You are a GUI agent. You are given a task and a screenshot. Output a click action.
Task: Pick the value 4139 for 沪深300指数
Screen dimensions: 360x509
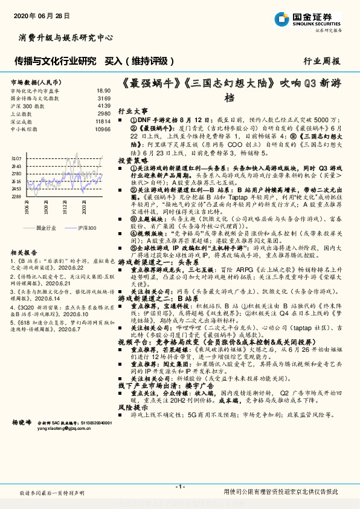(104, 105)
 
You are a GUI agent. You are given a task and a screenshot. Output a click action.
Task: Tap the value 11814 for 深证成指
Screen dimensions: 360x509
(103, 121)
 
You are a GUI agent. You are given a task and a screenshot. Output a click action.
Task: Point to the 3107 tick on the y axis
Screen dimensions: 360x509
(16, 158)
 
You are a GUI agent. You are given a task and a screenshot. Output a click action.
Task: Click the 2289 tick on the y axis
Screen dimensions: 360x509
(16, 196)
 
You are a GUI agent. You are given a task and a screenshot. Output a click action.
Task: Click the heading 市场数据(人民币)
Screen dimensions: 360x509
(35, 82)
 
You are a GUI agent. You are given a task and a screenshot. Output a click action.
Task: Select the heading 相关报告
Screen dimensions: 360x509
(24, 252)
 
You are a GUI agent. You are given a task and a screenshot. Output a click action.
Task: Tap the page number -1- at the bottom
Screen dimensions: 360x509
(179, 487)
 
